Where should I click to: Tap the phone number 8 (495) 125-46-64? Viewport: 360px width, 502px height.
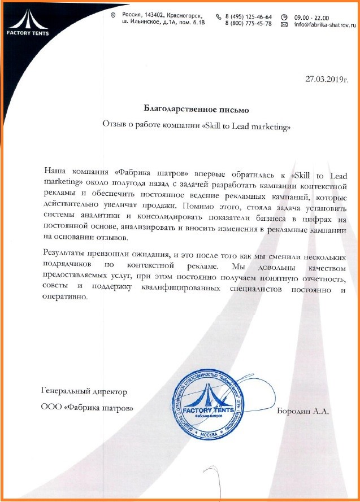tap(248, 17)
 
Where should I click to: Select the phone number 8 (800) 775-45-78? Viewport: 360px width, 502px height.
tap(248, 24)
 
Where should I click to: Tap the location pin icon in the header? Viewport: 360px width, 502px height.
tap(113, 15)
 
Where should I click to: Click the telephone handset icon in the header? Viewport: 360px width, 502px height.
tap(219, 17)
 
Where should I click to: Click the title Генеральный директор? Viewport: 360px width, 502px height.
tap(84, 391)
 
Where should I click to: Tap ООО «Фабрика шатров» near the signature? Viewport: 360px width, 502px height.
tap(88, 407)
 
